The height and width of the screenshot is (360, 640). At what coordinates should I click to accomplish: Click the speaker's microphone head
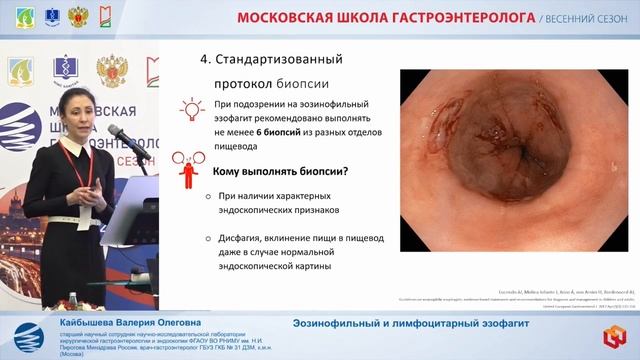113,131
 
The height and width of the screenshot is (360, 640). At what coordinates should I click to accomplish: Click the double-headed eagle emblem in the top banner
77,16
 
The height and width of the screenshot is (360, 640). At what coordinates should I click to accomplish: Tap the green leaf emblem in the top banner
17,16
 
